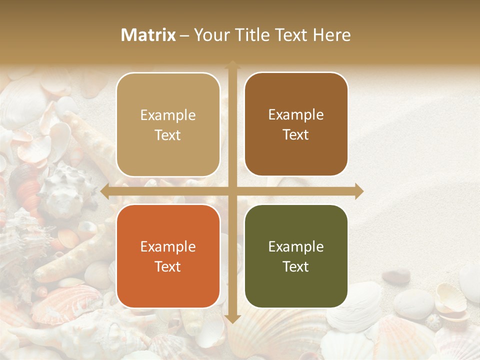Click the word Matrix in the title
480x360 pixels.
148,35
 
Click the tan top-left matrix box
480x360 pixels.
168,124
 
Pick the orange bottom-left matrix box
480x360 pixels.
168,256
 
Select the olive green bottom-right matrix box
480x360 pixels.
296,256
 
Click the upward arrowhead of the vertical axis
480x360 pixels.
232,65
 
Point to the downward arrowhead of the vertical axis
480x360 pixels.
232,318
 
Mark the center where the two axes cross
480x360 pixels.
232,191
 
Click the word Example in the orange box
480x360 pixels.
168,246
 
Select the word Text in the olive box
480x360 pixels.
296,266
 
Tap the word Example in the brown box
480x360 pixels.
296,114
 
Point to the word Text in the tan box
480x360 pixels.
168,135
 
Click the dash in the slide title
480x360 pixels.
184,35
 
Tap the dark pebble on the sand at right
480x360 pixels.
398,275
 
